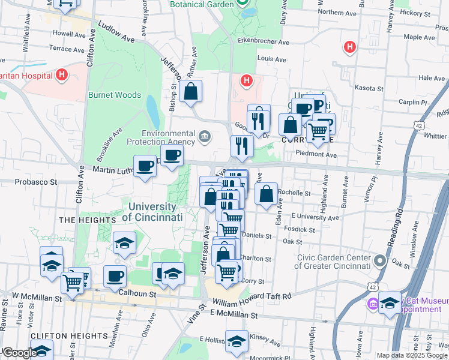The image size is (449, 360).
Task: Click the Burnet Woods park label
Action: (x=115, y=95)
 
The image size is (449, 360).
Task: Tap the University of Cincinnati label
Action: (x=152, y=212)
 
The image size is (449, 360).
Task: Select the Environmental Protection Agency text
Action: (x=161, y=137)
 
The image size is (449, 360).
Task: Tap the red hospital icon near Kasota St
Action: (x=349, y=47)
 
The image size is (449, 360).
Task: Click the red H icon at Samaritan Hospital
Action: (x=61, y=76)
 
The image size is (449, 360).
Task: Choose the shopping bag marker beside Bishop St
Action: (x=190, y=92)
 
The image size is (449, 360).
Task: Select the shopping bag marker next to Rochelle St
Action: (x=266, y=194)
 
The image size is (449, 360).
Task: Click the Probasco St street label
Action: (x=36, y=181)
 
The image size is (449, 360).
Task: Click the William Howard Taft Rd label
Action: (x=251, y=296)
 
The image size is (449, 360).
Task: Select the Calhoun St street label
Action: (x=137, y=294)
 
